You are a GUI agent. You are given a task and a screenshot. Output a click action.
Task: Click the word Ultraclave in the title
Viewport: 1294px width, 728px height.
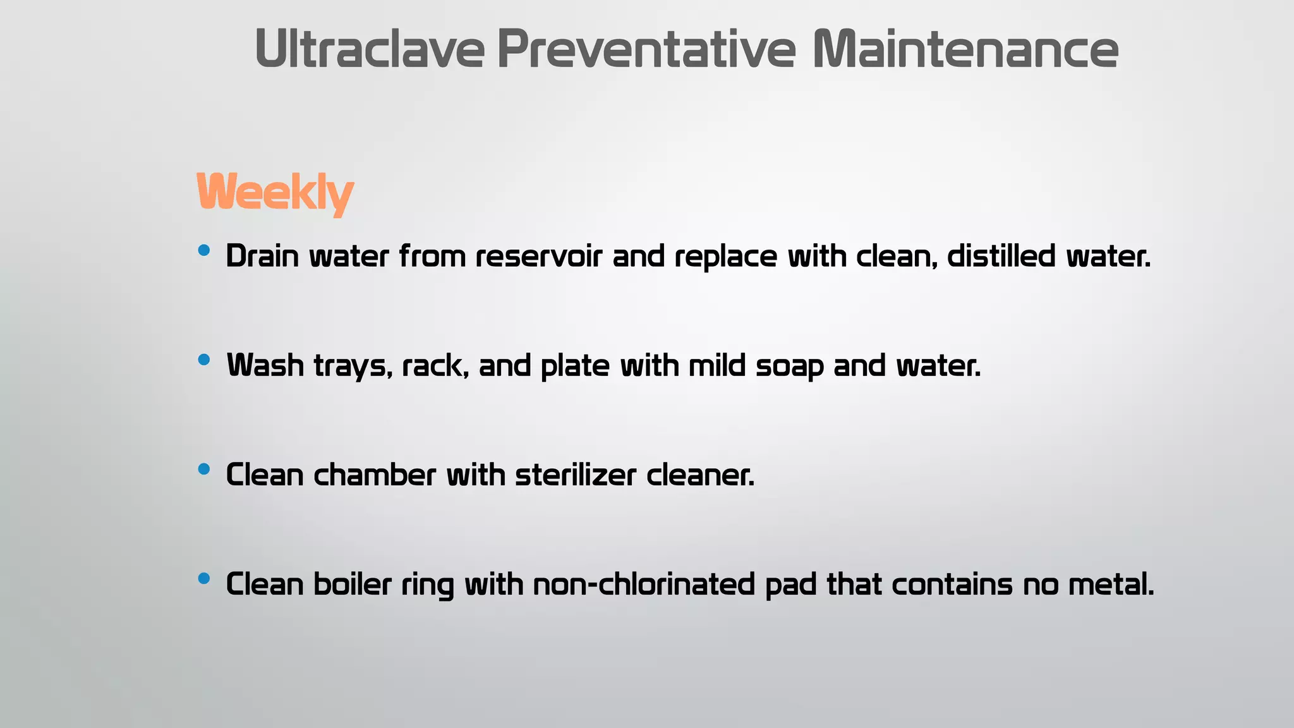[x=370, y=49]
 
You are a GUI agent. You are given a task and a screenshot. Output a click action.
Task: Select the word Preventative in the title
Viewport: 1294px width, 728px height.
[x=646, y=49]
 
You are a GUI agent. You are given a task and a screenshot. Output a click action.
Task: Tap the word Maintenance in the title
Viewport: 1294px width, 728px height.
[x=965, y=49]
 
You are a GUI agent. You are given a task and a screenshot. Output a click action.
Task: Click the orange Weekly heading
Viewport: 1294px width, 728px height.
[x=275, y=192]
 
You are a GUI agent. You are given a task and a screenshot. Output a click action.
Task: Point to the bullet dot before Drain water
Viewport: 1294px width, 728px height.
[x=203, y=251]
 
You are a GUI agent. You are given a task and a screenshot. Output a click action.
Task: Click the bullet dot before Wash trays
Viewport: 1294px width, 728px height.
[x=203, y=360]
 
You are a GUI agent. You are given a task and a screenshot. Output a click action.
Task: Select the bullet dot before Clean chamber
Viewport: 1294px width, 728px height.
[x=203, y=470]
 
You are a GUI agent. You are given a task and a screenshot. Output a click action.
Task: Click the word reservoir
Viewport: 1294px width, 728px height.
[x=538, y=257]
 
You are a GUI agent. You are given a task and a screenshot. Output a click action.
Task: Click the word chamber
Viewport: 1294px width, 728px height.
[x=375, y=475]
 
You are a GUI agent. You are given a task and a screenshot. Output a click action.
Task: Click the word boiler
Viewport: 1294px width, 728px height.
[x=353, y=585]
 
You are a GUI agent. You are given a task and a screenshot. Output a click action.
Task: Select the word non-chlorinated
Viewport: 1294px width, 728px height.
[x=644, y=585]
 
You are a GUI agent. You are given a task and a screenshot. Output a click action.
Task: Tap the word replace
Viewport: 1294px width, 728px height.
[x=725, y=257]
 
